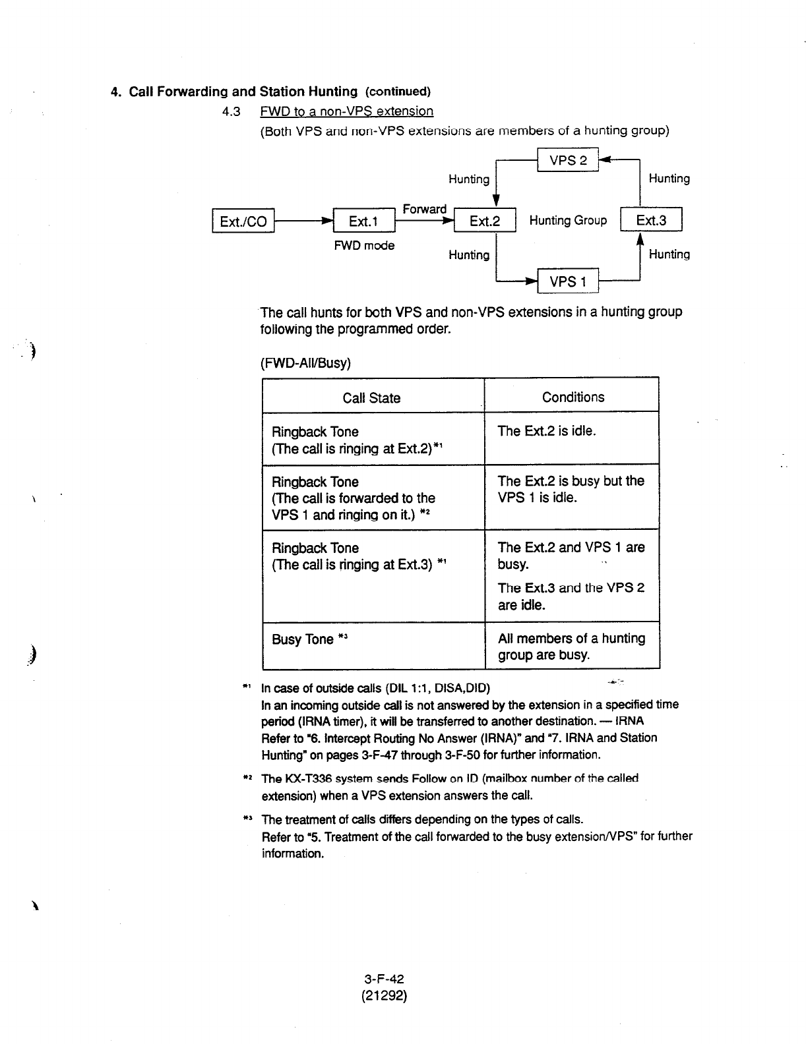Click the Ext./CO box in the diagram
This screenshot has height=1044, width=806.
243,221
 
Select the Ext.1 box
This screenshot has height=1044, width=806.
363,221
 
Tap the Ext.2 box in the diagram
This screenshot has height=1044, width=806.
485,221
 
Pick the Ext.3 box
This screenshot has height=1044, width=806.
651,220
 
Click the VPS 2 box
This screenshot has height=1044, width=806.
567,160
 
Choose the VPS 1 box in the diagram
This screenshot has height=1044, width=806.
568,281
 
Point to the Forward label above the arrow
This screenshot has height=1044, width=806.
424,209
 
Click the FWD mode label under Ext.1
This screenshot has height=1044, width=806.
364,245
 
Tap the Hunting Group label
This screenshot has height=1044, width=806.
568,220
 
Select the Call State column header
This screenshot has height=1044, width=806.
371,397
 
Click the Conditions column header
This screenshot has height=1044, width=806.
573,397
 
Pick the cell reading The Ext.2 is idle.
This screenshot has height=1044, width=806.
547,431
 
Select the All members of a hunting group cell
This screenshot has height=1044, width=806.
571,646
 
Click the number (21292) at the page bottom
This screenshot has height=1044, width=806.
384,995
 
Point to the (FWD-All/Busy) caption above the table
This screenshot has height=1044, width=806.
306,363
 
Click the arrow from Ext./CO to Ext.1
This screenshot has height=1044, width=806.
303,221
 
